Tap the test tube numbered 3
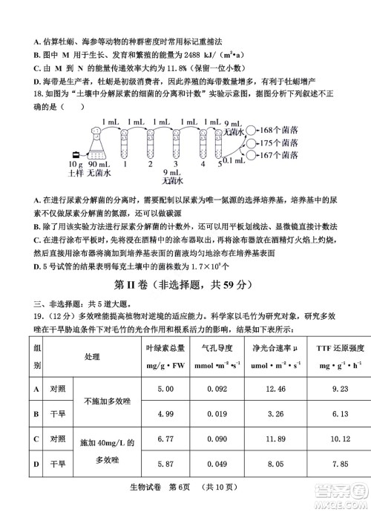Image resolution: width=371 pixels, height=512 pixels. pos(175,141)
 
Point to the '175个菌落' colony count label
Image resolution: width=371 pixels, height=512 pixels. pos(280,142)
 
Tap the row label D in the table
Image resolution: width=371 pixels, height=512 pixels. pos(36,465)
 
